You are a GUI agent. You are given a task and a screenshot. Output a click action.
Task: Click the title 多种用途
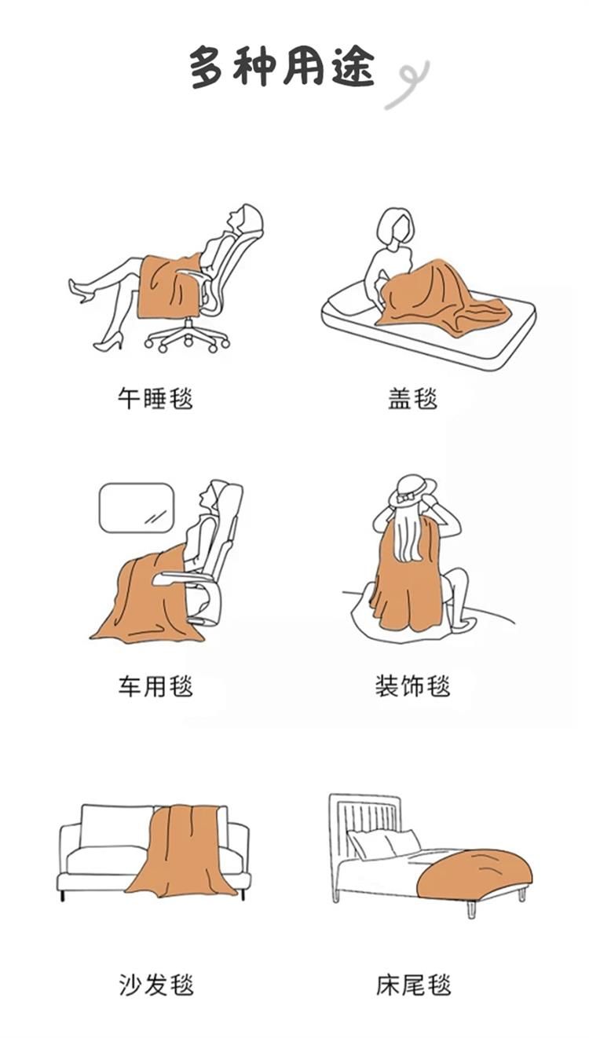click(x=282, y=67)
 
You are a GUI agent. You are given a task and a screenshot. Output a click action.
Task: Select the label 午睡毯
click(x=155, y=398)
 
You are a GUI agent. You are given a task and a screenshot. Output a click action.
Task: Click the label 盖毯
click(x=412, y=398)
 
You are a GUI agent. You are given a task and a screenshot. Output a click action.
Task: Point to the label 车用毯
click(x=155, y=685)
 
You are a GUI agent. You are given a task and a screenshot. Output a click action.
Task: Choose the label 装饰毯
click(x=412, y=685)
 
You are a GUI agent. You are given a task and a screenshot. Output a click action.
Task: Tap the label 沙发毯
click(x=155, y=985)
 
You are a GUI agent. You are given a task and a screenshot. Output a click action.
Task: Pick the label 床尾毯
click(x=413, y=985)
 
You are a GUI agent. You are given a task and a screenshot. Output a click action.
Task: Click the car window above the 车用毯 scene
click(x=137, y=508)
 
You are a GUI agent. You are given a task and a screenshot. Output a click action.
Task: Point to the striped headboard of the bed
click(x=364, y=826)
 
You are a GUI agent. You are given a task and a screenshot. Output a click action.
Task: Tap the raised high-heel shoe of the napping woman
click(x=81, y=290)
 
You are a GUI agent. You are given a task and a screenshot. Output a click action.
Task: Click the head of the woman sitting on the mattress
click(x=394, y=228)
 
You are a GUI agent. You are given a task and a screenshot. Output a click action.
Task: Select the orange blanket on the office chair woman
click(x=170, y=286)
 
